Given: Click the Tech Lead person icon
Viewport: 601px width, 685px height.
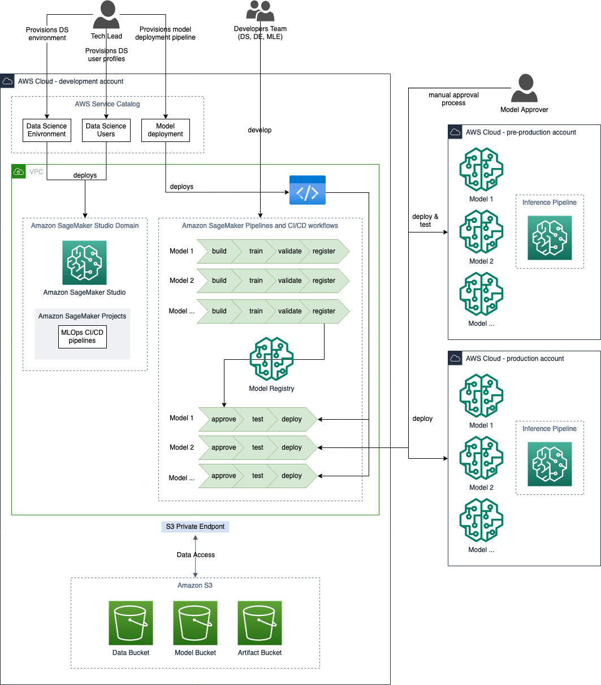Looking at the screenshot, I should pos(106,14).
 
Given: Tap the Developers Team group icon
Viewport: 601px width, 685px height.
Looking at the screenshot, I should pos(260,11).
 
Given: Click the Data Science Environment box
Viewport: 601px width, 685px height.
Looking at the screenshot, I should pos(47,130).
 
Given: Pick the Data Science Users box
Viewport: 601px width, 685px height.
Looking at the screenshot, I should pos(106,130).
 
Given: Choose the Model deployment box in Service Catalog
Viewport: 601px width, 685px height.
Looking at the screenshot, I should pos(165,130).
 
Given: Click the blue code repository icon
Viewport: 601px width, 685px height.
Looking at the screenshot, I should pos(308,190).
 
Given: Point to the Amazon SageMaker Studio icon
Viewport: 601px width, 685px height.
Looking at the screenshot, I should pos(84,262).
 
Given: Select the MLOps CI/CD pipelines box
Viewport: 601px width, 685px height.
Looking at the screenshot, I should pos(83,337).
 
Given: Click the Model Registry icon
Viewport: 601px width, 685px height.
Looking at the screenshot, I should pos(271,359).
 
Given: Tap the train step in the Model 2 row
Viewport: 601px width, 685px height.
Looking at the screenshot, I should pos(256,281).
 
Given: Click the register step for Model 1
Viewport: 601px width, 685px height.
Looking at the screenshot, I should pos(325,251).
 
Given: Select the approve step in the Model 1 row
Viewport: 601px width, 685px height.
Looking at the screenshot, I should pos(223,419).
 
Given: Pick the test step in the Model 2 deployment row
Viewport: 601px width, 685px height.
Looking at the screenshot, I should pos(258,447).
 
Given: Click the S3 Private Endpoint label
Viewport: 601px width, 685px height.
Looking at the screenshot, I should pos(195,527).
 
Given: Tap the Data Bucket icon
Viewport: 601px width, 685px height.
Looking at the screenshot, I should pos(131,623).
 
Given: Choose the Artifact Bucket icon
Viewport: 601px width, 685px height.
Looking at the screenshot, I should pos(260,623).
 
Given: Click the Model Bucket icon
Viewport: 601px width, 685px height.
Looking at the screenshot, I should pos(195,623).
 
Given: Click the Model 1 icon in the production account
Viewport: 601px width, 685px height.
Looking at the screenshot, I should pos(481,395).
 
